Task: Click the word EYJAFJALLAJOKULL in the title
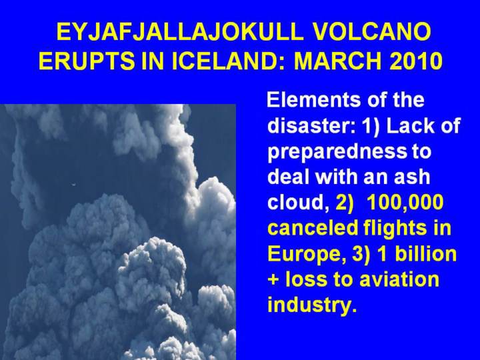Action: pos(180,32)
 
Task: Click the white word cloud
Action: pos(296,203)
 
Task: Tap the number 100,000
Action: pos(405,203)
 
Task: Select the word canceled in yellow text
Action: pos(313,228)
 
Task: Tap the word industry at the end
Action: pos(312,305)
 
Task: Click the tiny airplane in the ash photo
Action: pos(73,184)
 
